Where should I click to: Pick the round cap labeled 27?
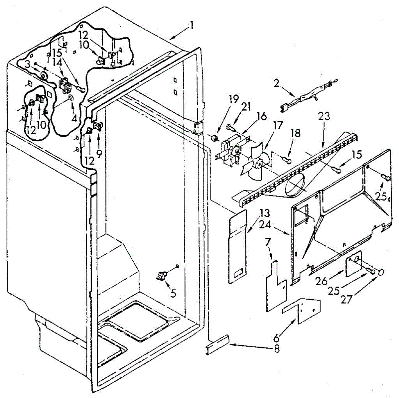[381, 272]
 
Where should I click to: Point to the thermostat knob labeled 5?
[162, 275]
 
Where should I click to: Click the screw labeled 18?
[288, 161]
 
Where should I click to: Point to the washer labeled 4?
[70, 97]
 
